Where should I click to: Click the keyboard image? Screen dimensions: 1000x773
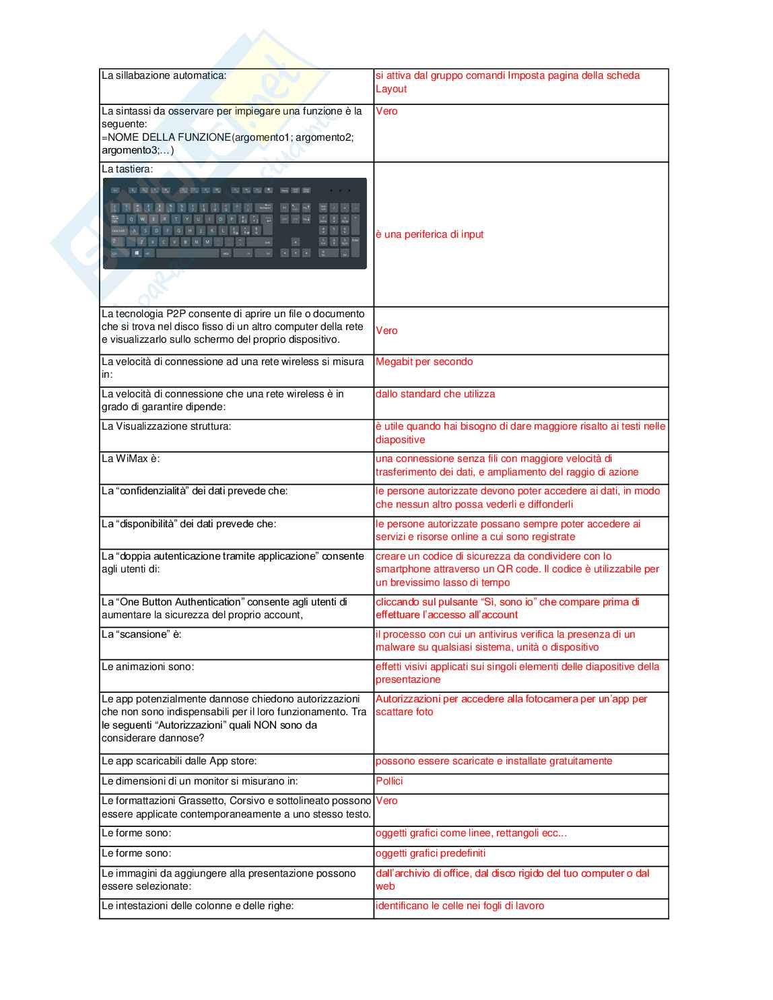[234, 224]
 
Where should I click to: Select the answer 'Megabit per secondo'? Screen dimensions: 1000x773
[424, 362]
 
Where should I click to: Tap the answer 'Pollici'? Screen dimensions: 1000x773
[389, 781]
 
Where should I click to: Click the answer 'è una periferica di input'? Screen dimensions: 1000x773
[430, 234]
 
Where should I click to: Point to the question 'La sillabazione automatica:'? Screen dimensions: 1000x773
[164, 75]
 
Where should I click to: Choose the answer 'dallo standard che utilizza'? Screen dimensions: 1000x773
[435, 394]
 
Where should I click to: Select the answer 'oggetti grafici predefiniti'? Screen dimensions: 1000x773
[430, 853]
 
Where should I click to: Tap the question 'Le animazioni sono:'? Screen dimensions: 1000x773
[147, 667]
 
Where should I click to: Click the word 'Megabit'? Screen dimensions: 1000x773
[394, 362]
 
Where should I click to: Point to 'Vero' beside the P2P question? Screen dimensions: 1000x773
[386, 331]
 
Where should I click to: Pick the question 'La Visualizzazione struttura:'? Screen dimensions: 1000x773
[166, 426]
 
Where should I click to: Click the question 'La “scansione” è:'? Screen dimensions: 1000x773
[141, 634]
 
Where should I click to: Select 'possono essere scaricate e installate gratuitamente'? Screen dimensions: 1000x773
[494, 761]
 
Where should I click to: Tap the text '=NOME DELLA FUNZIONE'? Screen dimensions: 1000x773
[166, 137]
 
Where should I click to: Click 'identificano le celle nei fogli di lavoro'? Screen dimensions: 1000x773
[460, 906]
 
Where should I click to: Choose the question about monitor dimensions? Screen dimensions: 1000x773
[199, 781]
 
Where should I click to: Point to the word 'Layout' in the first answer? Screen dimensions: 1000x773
[391, 89]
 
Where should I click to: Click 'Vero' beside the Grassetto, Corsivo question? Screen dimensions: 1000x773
[386, 801]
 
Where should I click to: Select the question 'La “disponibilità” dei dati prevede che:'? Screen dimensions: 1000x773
[189, 524]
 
